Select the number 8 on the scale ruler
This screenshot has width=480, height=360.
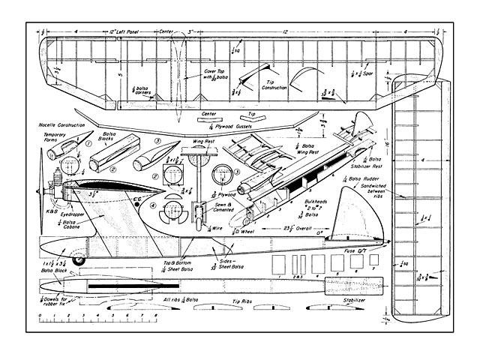click(x=154, y=316)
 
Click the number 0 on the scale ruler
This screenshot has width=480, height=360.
click(x=38, y=316)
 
